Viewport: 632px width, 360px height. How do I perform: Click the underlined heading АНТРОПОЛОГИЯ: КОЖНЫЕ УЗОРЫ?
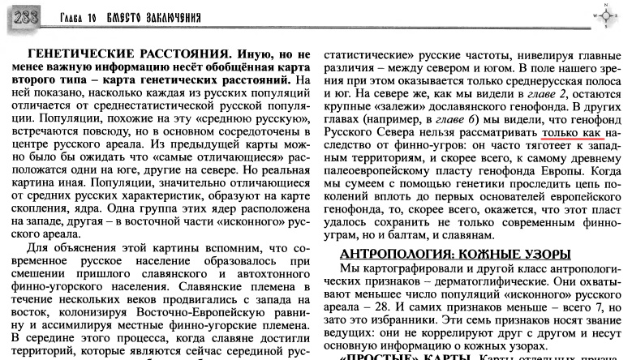[455, 253]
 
